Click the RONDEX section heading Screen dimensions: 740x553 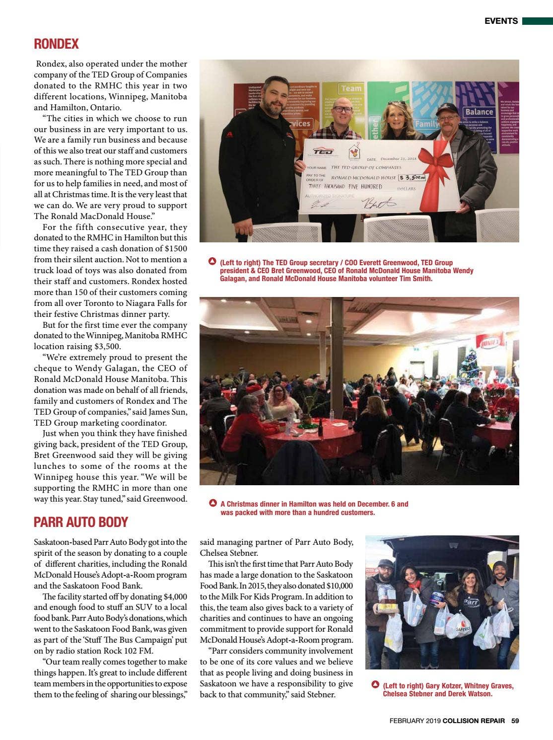tap(56, 44)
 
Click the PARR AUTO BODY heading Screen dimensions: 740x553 tap(81, 522)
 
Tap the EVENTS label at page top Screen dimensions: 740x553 tap(501, 21)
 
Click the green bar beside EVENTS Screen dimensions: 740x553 tap(537, 21)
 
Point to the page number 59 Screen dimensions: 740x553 tap(515, 721)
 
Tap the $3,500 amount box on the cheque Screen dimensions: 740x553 tap(413, 177)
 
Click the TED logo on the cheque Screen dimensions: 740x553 tap(323, 151)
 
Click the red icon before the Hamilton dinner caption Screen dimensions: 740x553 tap(212, 503)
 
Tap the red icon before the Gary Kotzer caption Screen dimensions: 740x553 tap(375, 685)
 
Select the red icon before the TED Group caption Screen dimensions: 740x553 tap(212, 262)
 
